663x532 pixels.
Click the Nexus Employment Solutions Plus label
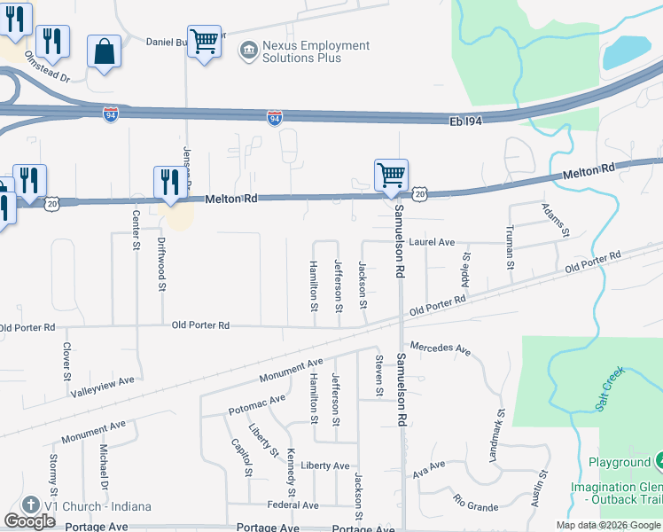coord(304,51)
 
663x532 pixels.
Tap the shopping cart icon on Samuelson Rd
coord(391,174)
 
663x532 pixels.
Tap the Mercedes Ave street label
coord(440,349)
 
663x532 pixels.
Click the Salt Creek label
coord(606,390)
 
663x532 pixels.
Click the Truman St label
coord(511,246)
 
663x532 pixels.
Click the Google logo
coord(29,521)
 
